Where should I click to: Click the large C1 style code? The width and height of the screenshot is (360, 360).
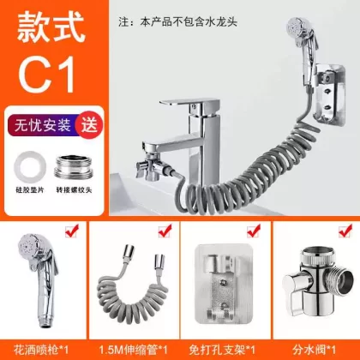[46, 74]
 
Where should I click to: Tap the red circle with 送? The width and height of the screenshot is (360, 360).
[89, 125]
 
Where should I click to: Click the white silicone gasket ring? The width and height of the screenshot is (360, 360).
[30, 167]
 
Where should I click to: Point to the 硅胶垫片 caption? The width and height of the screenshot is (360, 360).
[30, 190]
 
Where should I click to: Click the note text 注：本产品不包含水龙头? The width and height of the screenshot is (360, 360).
[177, 22]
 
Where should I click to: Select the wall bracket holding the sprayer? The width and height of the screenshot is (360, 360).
[329, 94]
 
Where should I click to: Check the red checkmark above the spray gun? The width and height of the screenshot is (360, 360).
[72, 231]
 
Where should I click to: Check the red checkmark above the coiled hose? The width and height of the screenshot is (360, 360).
[165, 231]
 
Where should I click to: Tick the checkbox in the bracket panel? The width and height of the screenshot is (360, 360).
[254, 231]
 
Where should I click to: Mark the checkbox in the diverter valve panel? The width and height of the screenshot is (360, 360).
[345, 231]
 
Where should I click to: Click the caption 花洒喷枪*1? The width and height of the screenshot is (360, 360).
[41, 350]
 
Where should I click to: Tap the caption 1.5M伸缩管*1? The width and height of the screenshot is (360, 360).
[133, 350]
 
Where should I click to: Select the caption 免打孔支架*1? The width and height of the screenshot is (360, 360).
[222, 350]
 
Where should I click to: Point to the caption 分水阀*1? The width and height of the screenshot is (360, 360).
[315, 350]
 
